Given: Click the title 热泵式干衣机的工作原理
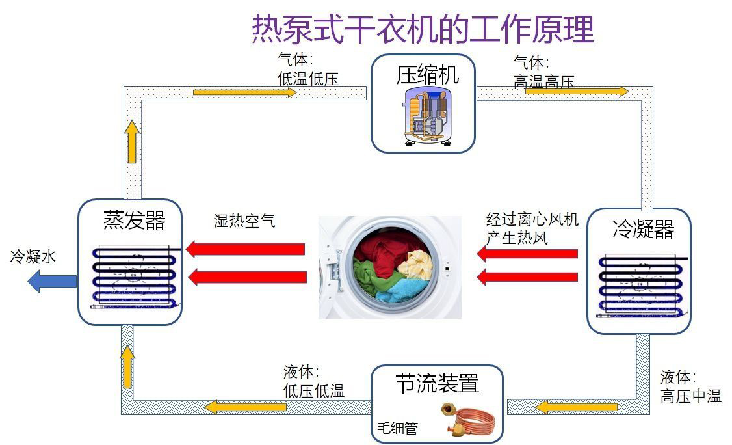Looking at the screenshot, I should [x=423, y=29].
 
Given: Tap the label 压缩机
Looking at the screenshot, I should [x=427, y=74].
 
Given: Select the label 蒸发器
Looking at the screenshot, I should [x=135, y=220].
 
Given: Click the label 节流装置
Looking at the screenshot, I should [x=437, y=383].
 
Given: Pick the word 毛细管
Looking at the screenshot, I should [x=397, y=429].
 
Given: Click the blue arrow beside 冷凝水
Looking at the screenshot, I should [x=52, y=281].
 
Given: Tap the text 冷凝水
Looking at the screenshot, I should [x=33, y=257].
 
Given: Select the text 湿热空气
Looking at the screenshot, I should [x=244, y=221].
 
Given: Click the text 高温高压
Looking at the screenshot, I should [x=543, y=82].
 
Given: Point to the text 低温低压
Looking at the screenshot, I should [x=307, y=79].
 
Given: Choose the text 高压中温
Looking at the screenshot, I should [x=691, y=396].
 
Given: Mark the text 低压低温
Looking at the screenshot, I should [x=313, y=390].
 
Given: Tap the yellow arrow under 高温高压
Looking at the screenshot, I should [x=577, y=92].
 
